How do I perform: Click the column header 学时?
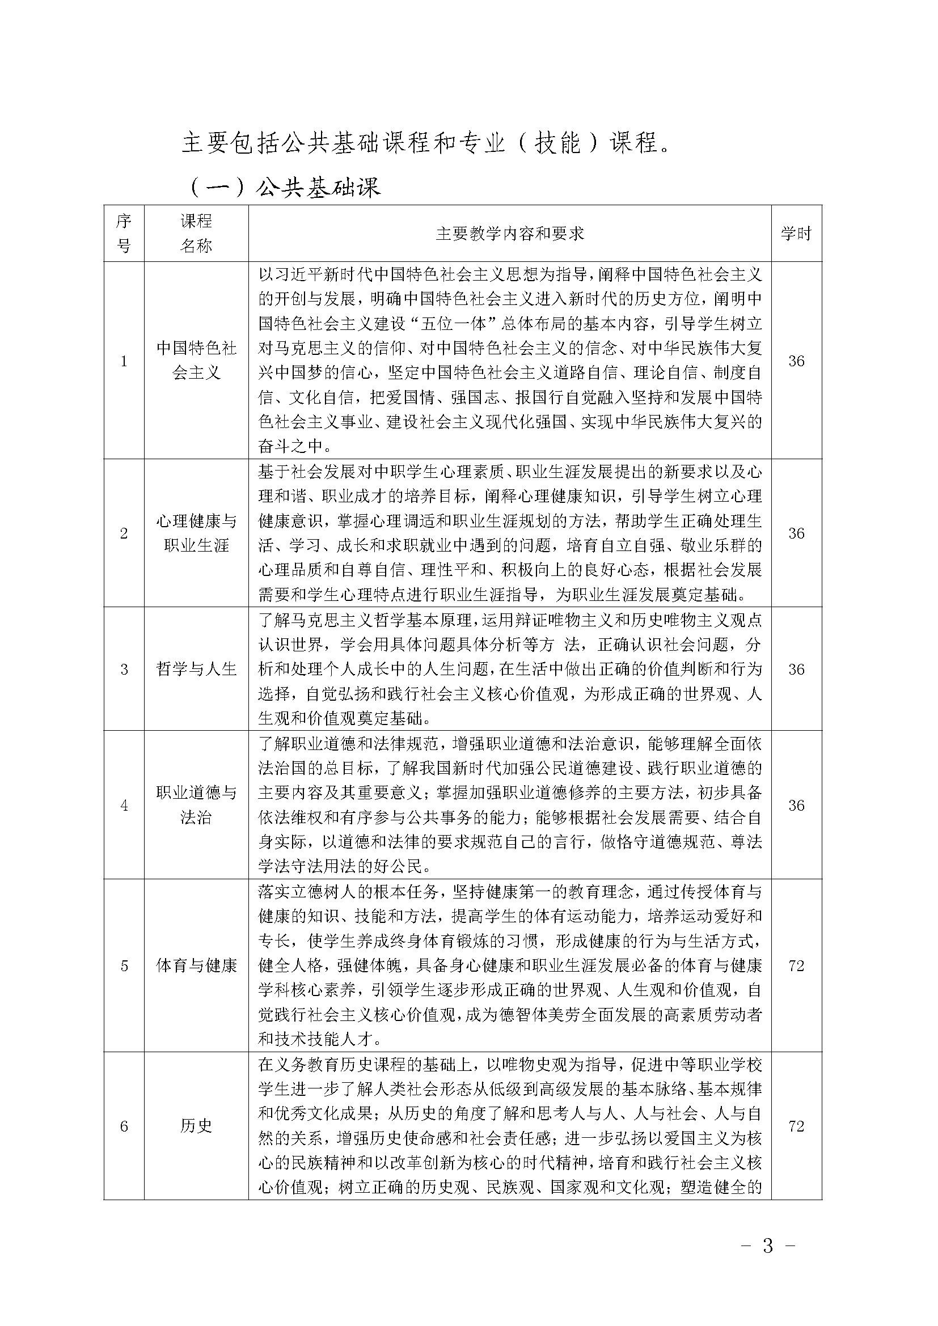coord(796,234)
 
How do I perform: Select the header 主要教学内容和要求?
coord(509,234)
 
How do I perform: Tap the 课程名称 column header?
coord(196,234)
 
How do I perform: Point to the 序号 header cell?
coord(124,234)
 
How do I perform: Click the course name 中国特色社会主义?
coord(196,361)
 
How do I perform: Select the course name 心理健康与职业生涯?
coord(196,533)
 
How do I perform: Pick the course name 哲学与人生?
coord(196,669)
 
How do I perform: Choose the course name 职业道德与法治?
coord(196,805)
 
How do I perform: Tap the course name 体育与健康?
coord(196,965)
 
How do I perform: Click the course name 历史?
coord(196,1126)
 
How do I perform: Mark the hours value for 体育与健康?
coord(796,965)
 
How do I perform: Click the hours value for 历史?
coord(796,1126)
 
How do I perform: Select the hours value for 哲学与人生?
coord(796,669)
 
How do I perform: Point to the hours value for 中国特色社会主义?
coord(796,361)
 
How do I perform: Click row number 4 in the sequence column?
coord(124,805)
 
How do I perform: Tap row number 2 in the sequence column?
coord(124,533)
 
